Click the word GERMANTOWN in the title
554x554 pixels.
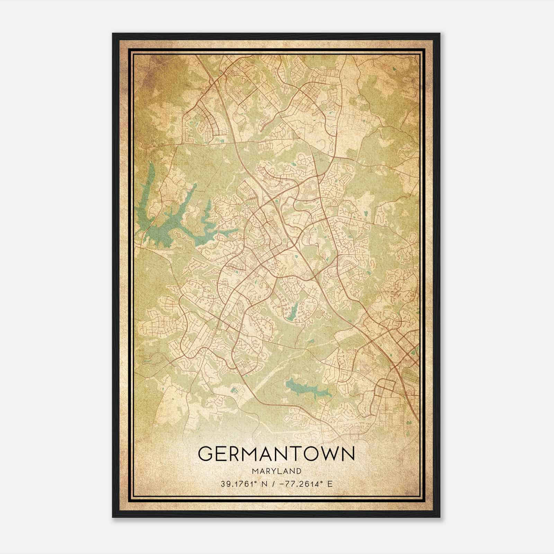pos(276,454)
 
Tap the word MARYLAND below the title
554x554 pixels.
pos(276,471)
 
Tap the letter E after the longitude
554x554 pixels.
pos(330,484)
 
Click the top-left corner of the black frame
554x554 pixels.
pos(113,34)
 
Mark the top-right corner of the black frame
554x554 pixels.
pos(439,34)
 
